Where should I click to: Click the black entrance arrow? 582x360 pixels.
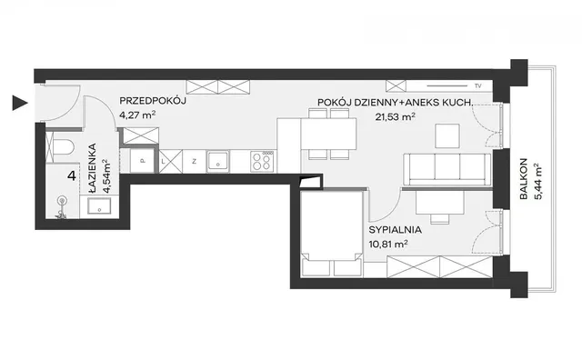click(19, 103)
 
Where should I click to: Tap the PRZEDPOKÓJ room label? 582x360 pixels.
click(153, 101)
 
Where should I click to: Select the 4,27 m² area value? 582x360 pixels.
click(137, 115)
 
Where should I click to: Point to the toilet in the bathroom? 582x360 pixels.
click(64, 148)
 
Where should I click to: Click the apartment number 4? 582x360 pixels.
click(72, 175)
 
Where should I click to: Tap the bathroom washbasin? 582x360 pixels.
click(99, 206)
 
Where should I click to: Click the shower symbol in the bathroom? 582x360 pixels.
click(62, 207)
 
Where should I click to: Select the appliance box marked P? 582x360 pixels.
click(142, 161)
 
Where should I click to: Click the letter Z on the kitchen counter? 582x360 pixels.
click(194, 161)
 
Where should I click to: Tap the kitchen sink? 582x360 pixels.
click(218, 162)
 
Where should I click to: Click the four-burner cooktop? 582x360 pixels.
click(262, 161)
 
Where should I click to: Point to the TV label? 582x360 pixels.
click(477, 86)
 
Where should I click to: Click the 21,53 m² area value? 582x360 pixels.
click(395, 117)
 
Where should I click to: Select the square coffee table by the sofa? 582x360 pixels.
click(447, 136)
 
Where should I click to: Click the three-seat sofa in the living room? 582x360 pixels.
click(447, 169)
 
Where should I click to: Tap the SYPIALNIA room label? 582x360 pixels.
click(395, 230)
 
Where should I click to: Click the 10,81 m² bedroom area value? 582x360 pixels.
click(388, 245)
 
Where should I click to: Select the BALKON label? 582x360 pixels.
click(524, 179)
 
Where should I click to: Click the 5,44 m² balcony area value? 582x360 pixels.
click(538, 182)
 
